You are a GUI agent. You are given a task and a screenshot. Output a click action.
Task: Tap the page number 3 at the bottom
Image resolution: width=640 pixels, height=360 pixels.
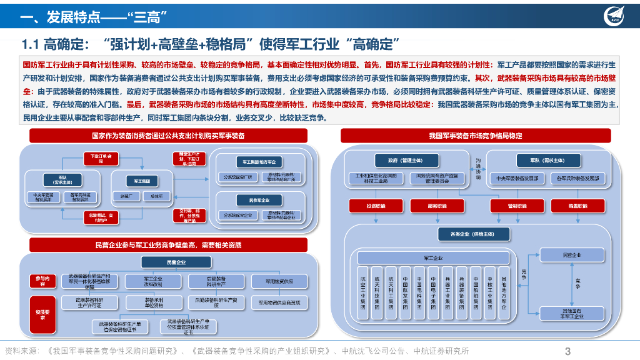567,351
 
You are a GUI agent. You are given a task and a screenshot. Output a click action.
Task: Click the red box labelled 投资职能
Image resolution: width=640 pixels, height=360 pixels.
376,206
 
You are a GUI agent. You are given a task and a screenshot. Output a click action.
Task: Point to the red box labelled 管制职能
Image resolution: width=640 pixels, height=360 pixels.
517,206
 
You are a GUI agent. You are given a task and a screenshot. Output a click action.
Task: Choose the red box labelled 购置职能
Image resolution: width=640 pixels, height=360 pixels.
577,206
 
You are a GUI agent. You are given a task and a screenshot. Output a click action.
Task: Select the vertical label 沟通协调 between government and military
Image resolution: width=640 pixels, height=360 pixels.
479,169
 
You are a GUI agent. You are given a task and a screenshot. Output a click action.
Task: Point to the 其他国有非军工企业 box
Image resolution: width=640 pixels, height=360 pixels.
572,314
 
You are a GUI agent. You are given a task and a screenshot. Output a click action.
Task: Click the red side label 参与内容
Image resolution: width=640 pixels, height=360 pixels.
42,281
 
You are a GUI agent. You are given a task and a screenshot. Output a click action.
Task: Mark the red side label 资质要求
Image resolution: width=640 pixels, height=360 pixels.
42,314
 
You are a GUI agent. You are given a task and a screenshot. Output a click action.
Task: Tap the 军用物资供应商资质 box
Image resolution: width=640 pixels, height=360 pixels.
279,303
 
